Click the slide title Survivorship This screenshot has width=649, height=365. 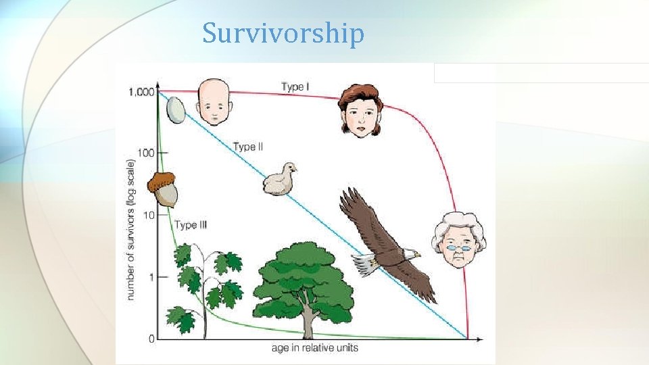[283, 33]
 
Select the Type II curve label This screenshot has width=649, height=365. [247, 146]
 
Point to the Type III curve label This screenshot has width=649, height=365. [190, 225]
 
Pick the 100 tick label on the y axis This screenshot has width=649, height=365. [144, 153]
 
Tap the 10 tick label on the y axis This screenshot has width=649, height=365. [147, 215]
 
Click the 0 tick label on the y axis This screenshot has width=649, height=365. [151, 338]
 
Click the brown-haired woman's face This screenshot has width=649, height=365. [360, 118]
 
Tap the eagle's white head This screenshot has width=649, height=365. [408, 254]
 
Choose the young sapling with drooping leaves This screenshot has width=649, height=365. [203, 284]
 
